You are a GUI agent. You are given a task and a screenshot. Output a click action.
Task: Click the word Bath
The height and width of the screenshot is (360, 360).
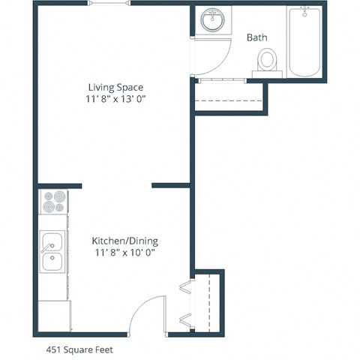click(x=257, y=37)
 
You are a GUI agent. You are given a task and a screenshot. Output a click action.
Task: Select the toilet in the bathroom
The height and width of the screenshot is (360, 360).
click(x=266, y=59)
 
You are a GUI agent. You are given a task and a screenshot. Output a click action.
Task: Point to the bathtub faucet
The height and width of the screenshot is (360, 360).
click(x=304, y=13)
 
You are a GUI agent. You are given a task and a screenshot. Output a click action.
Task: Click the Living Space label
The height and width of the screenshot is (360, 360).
click(x=115, y=87)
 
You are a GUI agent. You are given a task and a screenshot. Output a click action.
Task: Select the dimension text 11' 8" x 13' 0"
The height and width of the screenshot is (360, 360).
click(x=115, y=99)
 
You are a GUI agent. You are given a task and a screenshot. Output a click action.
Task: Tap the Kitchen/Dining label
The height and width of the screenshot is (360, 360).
click(x=124, y=241)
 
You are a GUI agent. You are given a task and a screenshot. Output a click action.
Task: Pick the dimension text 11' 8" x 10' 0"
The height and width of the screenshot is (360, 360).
click(x=124, y=253)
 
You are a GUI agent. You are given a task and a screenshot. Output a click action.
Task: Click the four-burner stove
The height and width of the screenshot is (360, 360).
click(x=53, y=202)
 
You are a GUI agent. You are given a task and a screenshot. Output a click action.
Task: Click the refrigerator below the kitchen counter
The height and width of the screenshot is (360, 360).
click(x=53, y=315)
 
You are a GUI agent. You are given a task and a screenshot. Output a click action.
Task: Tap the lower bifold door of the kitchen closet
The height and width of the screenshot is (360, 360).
click(x=185, y=319)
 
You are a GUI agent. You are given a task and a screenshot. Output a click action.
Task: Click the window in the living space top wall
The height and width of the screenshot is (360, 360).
click(x=109, y=4)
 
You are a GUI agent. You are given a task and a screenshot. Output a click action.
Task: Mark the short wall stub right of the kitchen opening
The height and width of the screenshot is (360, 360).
click(x=171, y=184)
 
